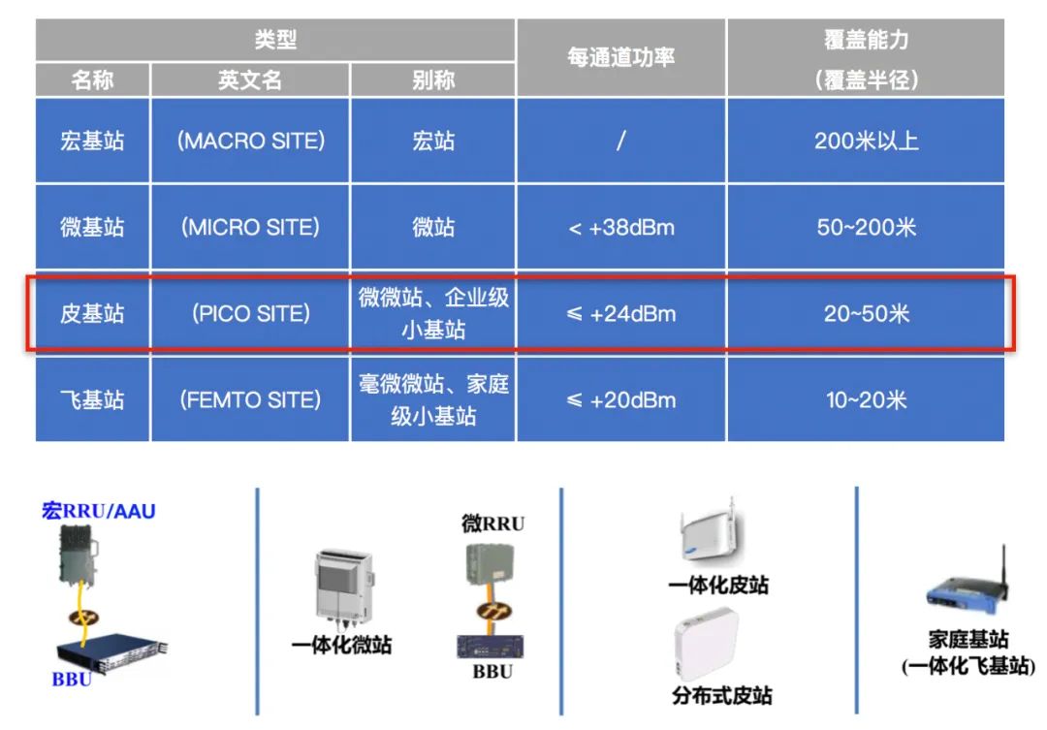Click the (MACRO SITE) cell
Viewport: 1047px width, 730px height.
tap(250, 141)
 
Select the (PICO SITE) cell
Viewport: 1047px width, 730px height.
tap(250, 313)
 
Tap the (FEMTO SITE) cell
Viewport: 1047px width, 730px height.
tap(250, 399)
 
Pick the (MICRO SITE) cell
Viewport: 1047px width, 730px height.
tap(250, 227)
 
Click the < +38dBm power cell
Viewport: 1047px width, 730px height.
tap(621, 228)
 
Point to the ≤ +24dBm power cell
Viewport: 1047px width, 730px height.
tap(621, 314)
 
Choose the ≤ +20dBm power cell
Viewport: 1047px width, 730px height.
tap(621, 399)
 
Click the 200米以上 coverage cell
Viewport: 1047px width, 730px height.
tap(866, 141)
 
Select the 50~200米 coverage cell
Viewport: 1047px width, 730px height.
tap(866, 228)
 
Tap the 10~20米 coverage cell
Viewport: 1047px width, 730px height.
tap(866, 399)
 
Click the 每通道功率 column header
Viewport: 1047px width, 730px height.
tap(621, 57)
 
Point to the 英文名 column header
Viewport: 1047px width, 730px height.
tap(250, 79)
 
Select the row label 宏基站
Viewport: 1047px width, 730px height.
tap(93, 141)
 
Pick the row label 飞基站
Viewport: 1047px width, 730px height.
tap(93, 399)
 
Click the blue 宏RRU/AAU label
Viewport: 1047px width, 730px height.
tap(98, 510)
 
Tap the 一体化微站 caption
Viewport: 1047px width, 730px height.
tap(341, 645)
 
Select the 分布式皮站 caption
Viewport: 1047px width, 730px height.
tap(721, 695)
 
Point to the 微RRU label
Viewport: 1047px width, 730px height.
tap(492, 524)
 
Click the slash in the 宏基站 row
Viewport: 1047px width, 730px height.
tap(620, 141)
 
